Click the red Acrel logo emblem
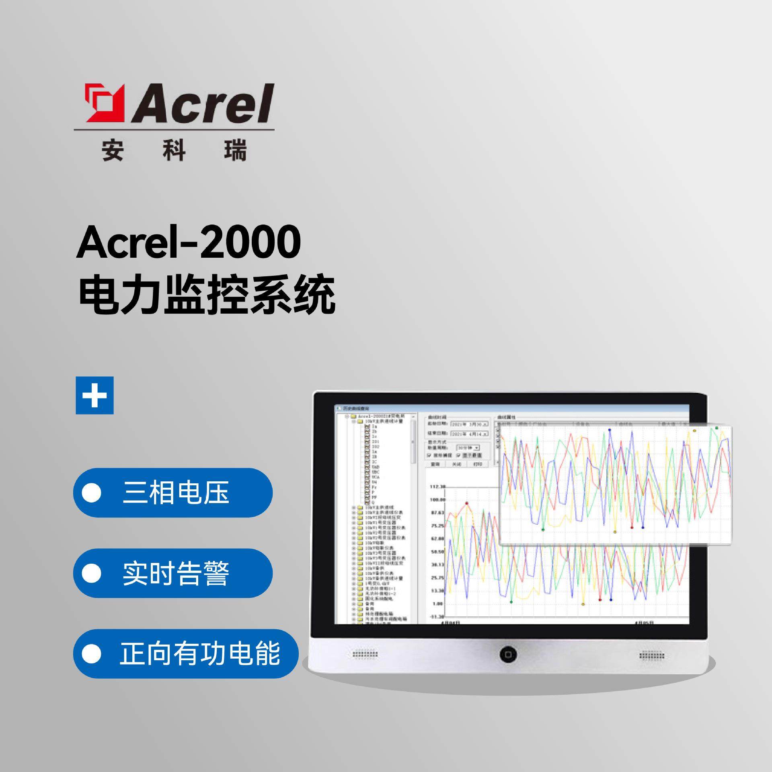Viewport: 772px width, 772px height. click(x=103, y=103)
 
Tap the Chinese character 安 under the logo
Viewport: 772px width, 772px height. click(x=112, y=151)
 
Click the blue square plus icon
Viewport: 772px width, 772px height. click(x=95, y=395)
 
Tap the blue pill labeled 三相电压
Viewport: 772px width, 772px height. click(x=173, y=493)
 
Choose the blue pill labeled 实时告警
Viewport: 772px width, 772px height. click(x=173, y=573)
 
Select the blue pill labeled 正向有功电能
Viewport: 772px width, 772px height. click(x=186, y=654)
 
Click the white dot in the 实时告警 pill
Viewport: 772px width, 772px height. click(x=92, y=573)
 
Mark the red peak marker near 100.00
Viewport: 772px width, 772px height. click(x=467, y=503)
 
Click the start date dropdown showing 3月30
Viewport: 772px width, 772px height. click(x=469, y=424)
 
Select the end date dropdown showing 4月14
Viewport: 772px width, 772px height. click(x=469, y=434)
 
